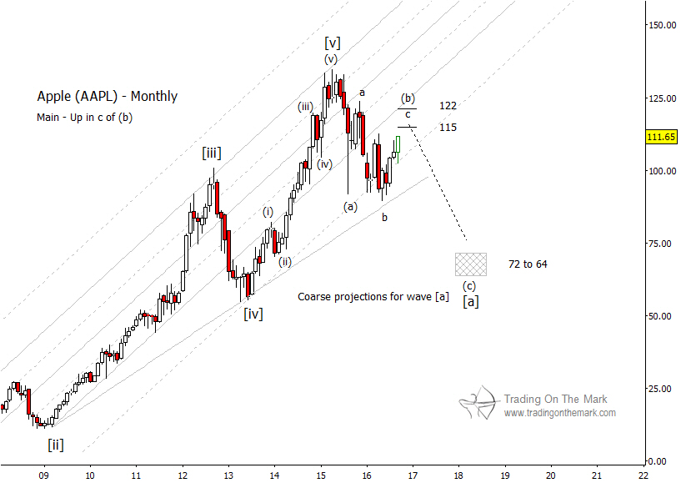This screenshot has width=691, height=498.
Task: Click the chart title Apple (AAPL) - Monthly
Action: click(107, 96)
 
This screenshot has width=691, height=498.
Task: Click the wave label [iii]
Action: click(211, 153)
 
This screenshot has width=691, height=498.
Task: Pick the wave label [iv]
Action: click(253, 314)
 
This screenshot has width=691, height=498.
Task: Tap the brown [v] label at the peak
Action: click(332, 42)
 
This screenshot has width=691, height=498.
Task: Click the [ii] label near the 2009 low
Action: click(55, 445)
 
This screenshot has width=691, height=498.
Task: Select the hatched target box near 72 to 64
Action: click(471, 264)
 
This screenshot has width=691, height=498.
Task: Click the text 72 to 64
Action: click(528, 264)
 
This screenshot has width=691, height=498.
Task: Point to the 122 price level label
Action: click(448, 106)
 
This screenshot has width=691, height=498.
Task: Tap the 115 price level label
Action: click(448, 128)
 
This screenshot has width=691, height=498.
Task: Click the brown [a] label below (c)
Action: click(471, 302)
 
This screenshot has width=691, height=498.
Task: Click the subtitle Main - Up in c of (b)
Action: click(84, 118)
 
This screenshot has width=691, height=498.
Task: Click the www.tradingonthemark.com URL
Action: click(559, 413)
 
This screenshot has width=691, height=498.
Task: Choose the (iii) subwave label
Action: click(306, 106)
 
